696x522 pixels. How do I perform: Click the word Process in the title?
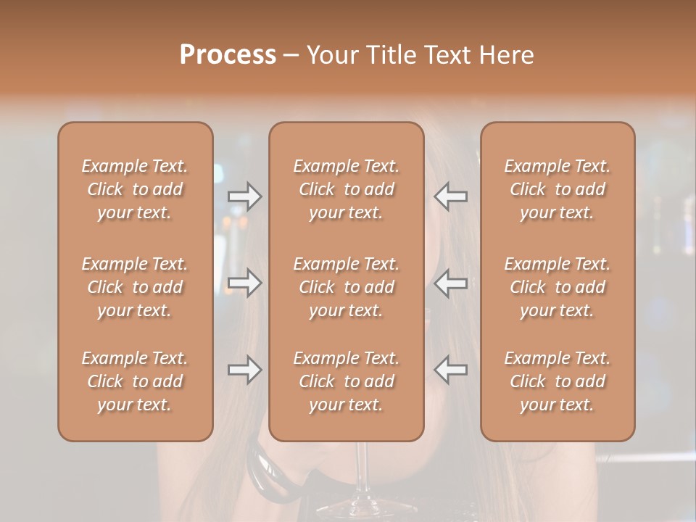coord(228,55)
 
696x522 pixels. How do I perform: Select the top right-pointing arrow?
coord(244,196)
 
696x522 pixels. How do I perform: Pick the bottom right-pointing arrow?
coord(244,370)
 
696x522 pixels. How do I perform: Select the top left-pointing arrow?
coord(451,196)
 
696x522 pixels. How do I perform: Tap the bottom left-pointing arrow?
coord(451,370)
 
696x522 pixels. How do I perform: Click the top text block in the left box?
coord(135,189)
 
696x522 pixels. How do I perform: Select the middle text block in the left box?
coord(135,287)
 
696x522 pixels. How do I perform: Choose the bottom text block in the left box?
coord(135,381)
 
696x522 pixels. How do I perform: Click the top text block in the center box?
coord(346,189)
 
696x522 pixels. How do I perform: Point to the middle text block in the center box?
coord(346,287)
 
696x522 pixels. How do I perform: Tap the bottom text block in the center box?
coord(346,381)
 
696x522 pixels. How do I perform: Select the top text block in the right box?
coord(558,189)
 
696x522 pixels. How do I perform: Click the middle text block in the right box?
coord(558,287)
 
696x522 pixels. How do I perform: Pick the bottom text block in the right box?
coord(558,381)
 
